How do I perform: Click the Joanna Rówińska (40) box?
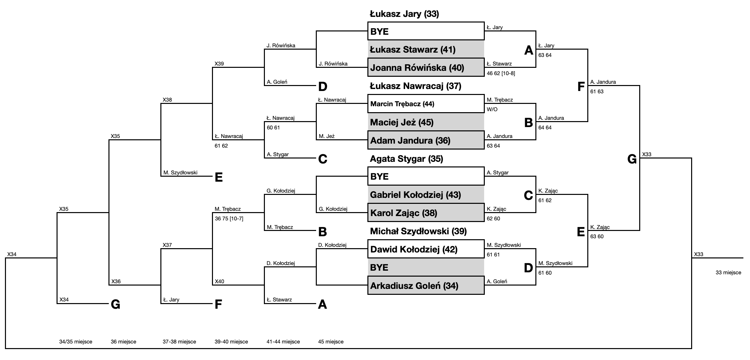(x=426, y=67)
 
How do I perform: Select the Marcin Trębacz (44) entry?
(x=426, y=104)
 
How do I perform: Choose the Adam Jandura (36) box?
(x=426, y=140)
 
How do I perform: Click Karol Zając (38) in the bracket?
(x=426, y=213)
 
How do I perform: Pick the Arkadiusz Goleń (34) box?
(x=426, y=286)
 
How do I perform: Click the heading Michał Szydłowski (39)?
(x=418, y=231)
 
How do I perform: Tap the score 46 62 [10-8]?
(x=501, y=73)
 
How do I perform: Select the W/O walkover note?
(x=492, y=110)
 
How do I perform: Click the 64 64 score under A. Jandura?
(x=545, y=128)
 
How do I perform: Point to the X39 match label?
(x=219, y=64)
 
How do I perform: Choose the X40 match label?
(x=219, y=282)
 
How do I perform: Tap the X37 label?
(x=167, y=245)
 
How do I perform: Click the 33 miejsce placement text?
(x=729, y=273)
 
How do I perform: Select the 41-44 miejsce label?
(x=283, y=342)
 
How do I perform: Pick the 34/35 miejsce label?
(x=76, y=342)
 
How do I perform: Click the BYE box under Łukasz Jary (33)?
(x=426, y=31)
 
